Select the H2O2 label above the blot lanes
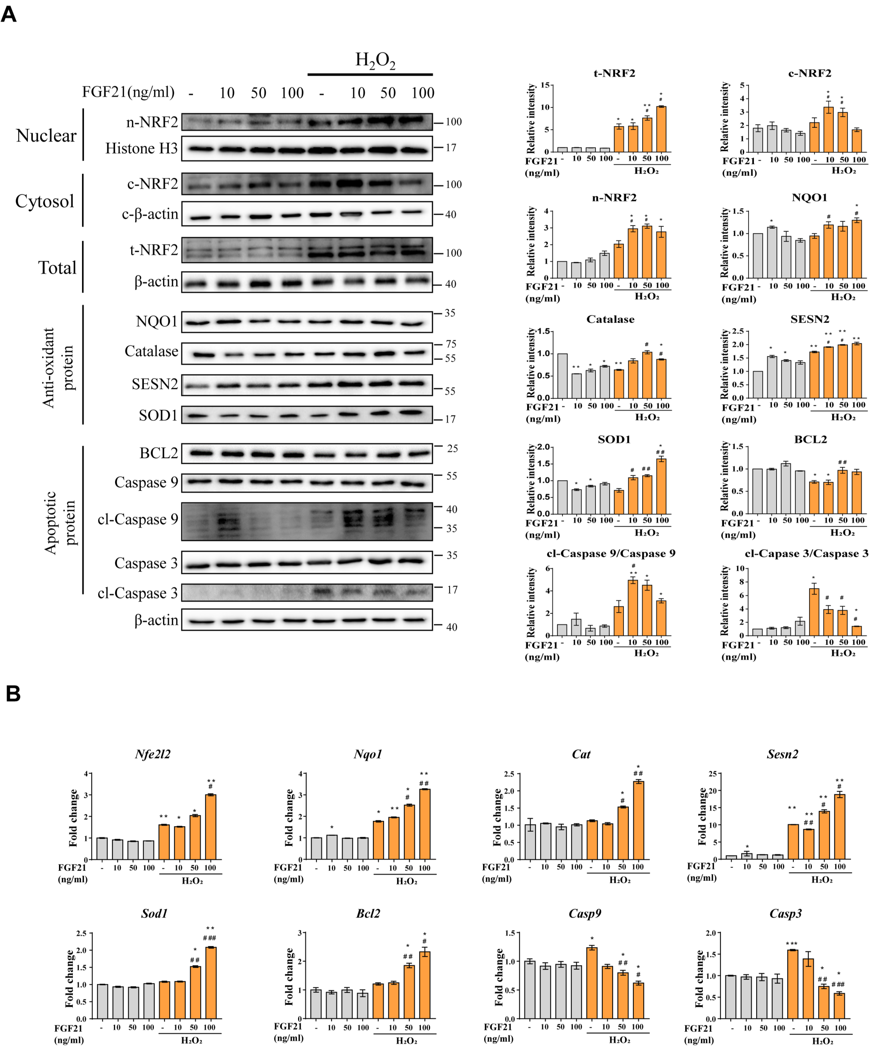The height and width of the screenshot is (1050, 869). tap(375, 60)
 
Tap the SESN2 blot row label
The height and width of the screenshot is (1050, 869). tap(154, 384)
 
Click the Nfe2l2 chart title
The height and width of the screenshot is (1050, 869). tap(153, 754)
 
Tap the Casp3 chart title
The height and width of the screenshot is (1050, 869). tap(785, 914)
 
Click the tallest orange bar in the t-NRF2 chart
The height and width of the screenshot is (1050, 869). tap(661, 129)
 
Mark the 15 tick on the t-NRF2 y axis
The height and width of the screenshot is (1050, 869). tap(545, 85)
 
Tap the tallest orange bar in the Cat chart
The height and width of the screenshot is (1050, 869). tap(638, 820)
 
